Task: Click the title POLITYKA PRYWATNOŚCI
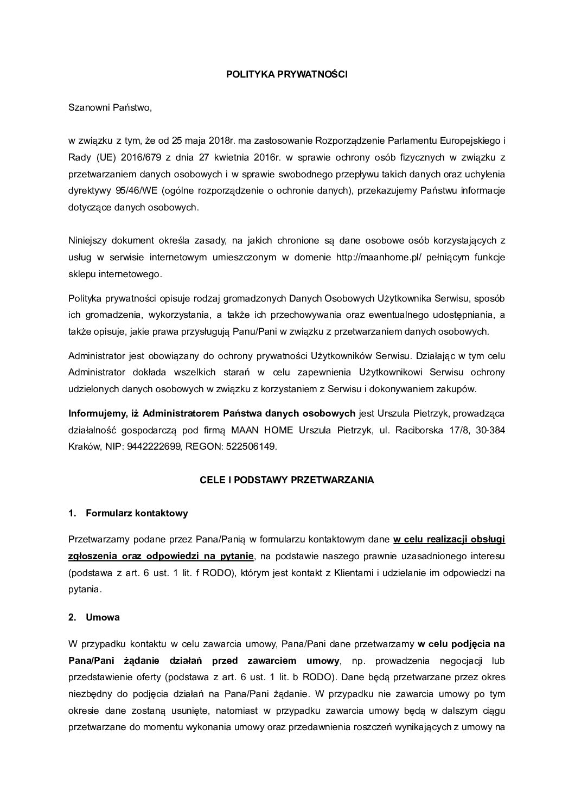[x=286, y=75]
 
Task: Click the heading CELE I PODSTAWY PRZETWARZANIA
[x=286, y=480]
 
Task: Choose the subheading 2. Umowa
[x=94, y=617]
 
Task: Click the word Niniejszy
[x=87, y=240]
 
